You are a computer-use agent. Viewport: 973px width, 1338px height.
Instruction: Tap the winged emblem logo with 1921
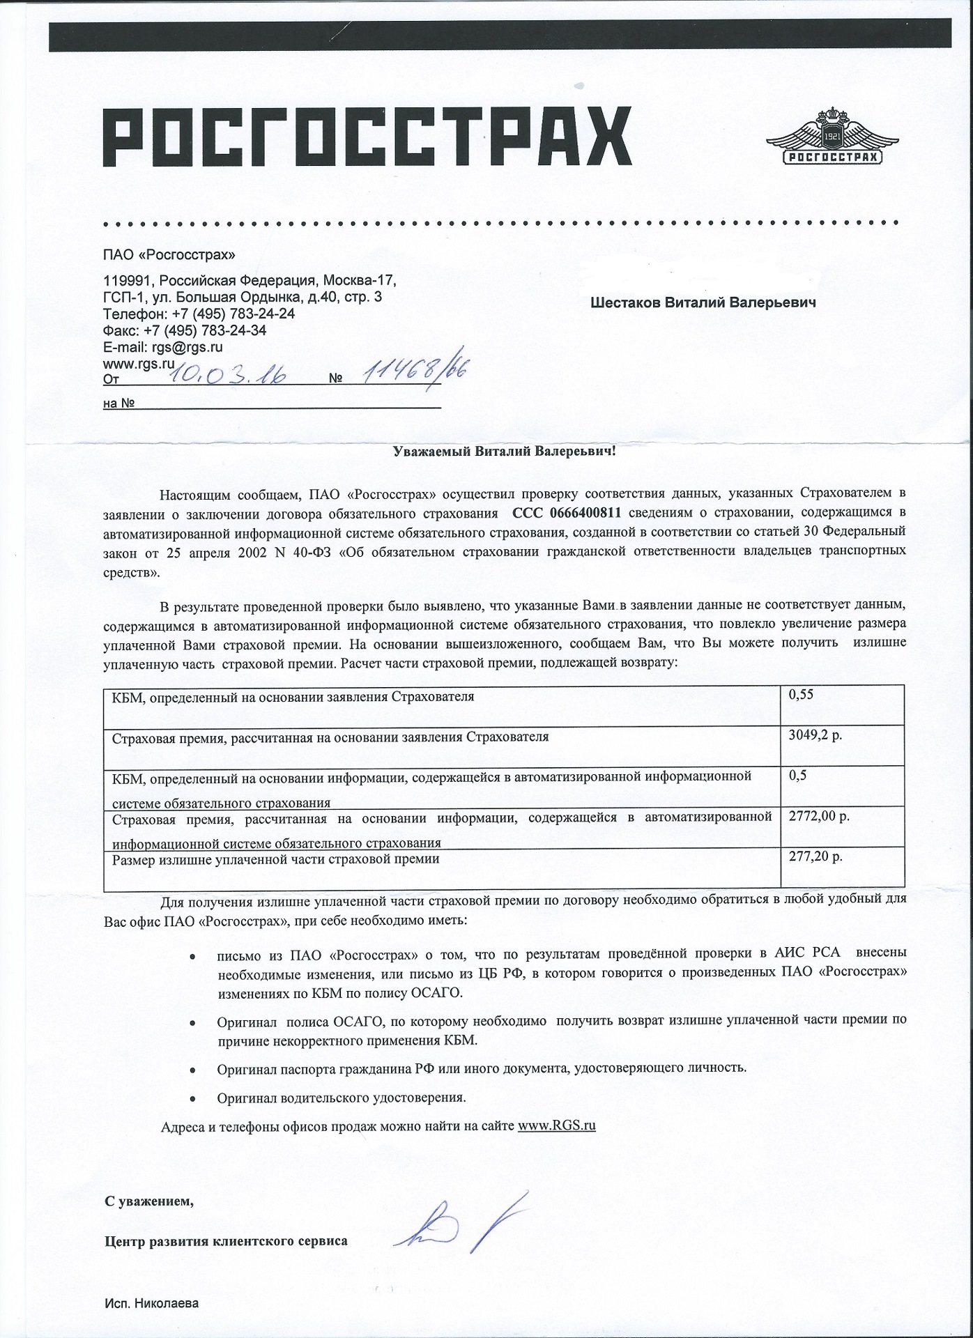coord(833,137)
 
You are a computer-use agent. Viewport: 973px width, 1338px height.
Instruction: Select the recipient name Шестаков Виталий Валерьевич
coord(703,303)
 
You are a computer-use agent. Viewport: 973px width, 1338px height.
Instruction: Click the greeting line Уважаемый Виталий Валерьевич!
coord(501,452)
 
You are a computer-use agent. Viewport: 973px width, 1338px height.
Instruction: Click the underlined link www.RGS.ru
coord(557,1125)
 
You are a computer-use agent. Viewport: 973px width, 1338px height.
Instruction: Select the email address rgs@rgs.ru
coord(187,347)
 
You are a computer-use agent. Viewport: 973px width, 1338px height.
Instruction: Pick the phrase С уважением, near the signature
coord(146,1201)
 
